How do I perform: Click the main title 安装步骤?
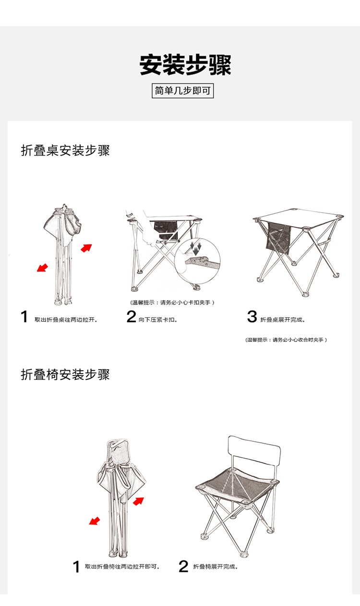(185, 65)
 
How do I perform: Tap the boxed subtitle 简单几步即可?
(182, 91)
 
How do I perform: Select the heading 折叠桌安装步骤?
(65, 150)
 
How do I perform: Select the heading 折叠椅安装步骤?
(65, 375)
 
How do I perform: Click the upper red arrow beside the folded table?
(86, 248)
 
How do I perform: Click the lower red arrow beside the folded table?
(42, 267)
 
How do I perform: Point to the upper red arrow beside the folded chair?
(138, 501)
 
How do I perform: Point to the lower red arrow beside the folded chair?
(95, 521)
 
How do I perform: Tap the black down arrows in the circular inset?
(195, 249)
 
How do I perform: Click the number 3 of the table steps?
(252, 316)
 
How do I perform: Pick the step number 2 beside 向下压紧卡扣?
(131, 316)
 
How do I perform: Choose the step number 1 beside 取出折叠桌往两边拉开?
(24, 316)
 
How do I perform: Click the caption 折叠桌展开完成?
(283, 320)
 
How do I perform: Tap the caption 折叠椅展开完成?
(216, 567)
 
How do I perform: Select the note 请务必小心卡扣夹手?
(185, 303)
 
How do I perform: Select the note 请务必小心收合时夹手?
(298, 340)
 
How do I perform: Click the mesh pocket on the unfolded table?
(278, 238)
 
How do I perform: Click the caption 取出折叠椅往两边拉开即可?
(122, 567)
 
